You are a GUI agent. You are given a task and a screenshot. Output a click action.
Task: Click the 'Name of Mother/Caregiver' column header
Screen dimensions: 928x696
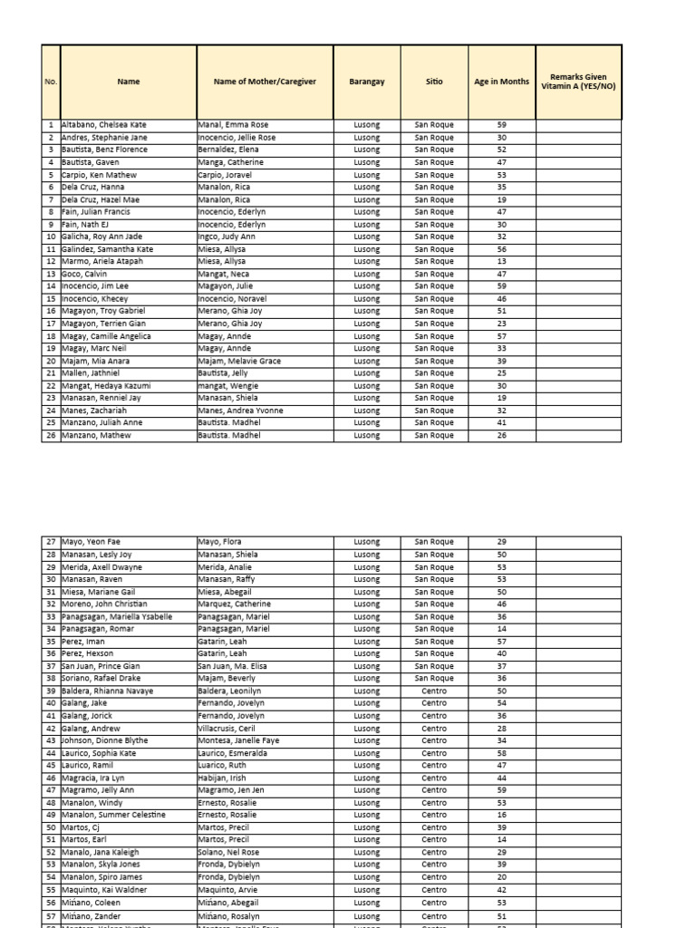265,82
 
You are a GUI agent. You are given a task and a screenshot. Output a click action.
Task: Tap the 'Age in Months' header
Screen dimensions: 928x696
501,82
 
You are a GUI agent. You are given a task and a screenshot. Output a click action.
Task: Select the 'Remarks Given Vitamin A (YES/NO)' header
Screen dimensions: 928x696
578,82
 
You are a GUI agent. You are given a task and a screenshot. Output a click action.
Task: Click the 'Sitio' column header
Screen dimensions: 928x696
434,82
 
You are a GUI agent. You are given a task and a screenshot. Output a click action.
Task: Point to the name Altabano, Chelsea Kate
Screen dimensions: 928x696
104,125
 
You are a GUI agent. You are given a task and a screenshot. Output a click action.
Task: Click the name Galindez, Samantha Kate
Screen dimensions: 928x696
108,249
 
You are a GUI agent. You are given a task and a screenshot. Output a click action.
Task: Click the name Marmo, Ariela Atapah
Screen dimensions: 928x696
102,262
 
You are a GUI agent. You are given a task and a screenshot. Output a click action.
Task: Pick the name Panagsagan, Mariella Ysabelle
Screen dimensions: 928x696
117,616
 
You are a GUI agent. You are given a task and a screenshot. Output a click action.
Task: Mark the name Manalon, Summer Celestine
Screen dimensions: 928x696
113,815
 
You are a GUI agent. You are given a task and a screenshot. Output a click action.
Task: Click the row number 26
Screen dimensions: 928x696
51,435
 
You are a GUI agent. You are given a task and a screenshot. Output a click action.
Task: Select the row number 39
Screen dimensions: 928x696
51,691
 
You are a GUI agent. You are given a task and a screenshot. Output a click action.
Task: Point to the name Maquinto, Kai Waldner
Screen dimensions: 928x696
104,889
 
